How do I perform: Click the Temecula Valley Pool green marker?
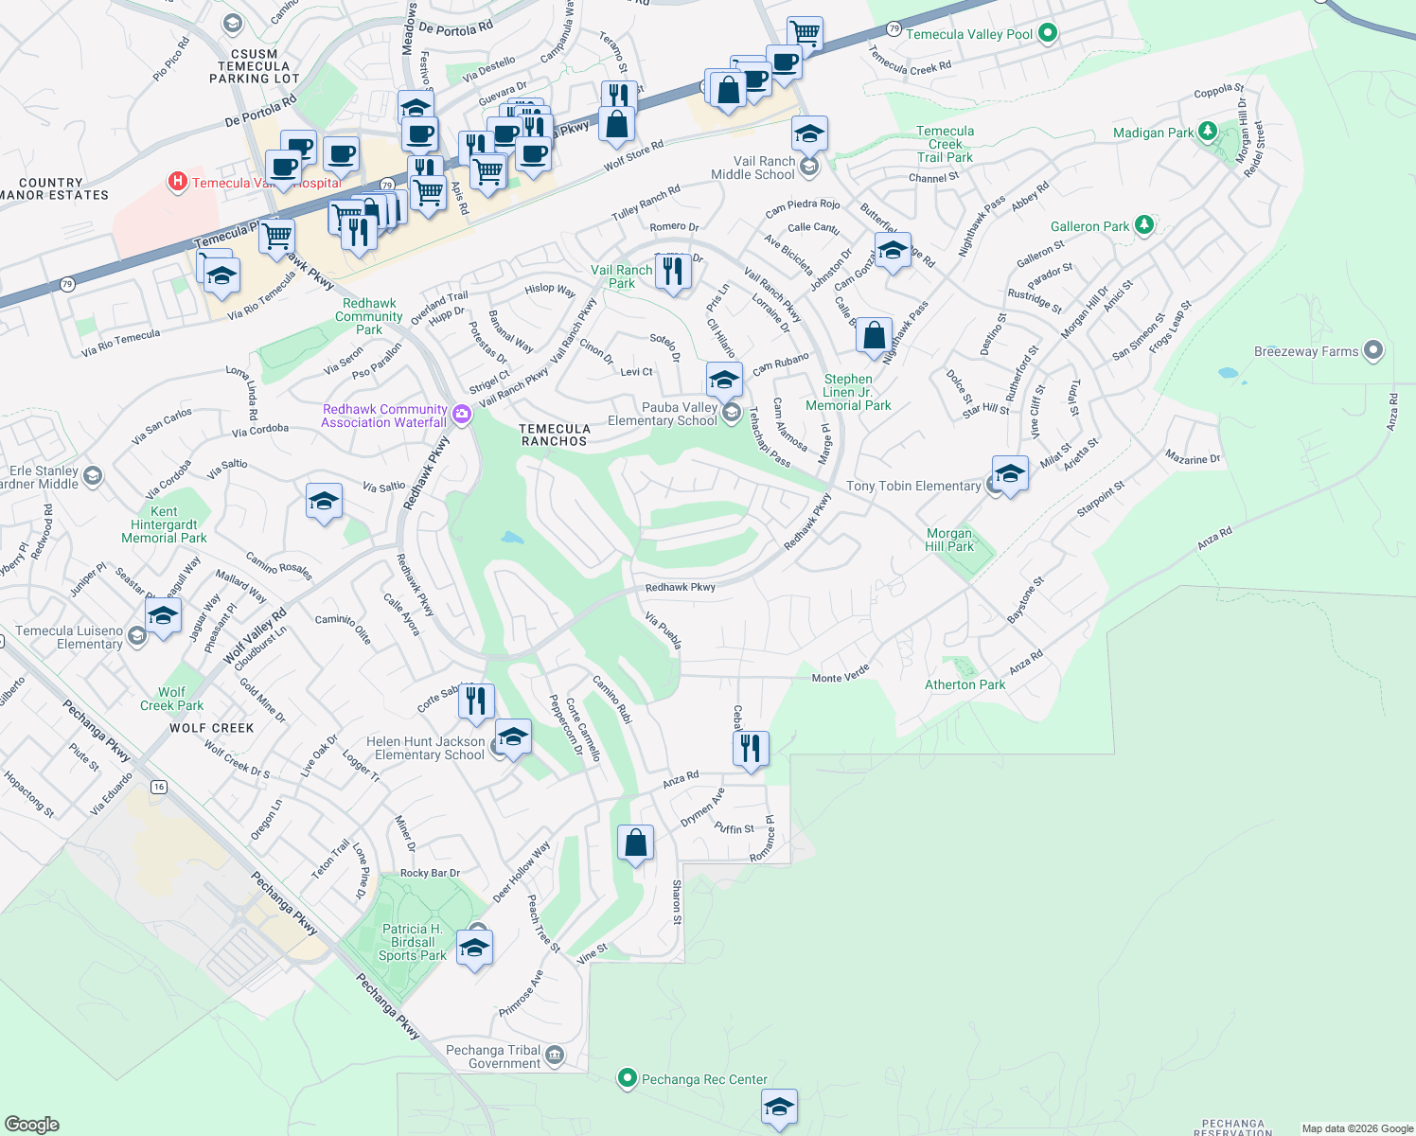[x=1047, y=33]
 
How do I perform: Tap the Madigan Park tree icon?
[x=1207, y=132]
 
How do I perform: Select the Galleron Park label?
[x=1089, y=226]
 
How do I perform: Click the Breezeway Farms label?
[x=1305, y=351]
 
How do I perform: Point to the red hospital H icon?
[x=177, y=182]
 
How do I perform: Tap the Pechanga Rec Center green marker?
[x=627, y=1078]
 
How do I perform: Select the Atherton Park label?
[x=965, y=684]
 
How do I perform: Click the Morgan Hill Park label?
[x=949, y=540]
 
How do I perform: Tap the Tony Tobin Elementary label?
[x=912, y=486]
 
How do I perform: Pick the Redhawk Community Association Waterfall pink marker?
[x=462, y=414]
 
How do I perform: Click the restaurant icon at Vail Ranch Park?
[x=672, y=271]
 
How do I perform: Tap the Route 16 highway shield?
[x=158, y=787]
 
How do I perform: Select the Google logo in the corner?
[x=32, y=1124]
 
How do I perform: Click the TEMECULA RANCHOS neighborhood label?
[x=555, y=435]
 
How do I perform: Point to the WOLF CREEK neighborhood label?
[x=211, y=728]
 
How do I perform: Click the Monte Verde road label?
[x=841, y=674]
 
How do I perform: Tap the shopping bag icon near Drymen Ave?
[x=635, y=842]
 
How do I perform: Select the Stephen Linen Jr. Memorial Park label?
[x=848, y=392]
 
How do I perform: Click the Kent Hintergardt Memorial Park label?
[x=164, y=524]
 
